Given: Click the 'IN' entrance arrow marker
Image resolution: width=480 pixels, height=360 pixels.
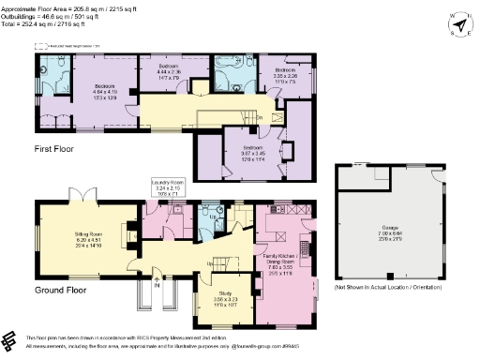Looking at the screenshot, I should pyautogui.click(x=157, y=285).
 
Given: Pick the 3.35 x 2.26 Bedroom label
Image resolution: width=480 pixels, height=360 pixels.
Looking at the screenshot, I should pyautogui.click(x=286, y=74).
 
